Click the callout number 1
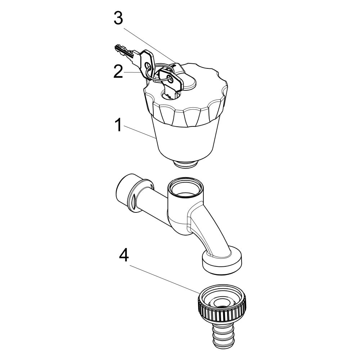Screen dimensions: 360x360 tap(118, 125)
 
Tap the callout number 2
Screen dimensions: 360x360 tap(118, 71)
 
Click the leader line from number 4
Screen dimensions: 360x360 tap(165, 279)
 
